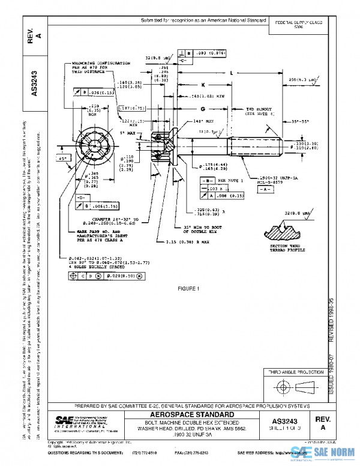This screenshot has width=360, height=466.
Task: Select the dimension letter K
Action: click(x=203, y=85)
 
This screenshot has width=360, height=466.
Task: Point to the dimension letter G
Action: click(x=203, y=109)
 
